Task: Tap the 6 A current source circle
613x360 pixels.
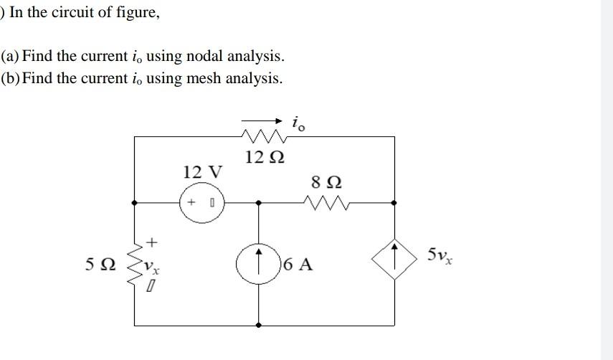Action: click(x=259, y=262)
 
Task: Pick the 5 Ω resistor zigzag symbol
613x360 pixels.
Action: click(x=135, y=264)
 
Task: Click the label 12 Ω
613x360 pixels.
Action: click(x=265, y=157)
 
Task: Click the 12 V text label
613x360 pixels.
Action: click(x=202, y=172)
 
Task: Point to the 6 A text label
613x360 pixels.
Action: click(x=298, y=264)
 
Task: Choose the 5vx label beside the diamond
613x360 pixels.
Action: click(x=439, y=255)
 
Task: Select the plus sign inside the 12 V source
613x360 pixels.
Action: click(x=191, y=203)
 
